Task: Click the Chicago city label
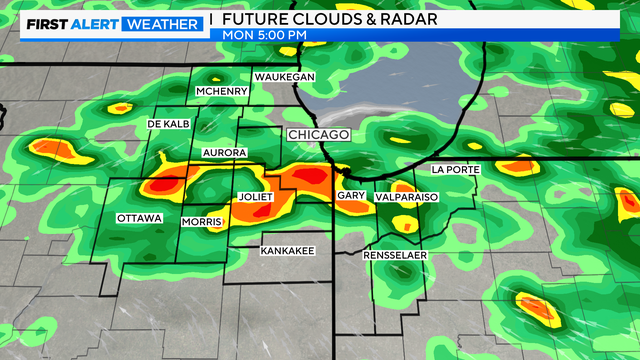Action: (318, 134)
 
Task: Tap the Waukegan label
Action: (284, 77)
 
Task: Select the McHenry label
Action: (221, 92)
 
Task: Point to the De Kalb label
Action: (167, 123)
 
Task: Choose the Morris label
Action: (202, 221)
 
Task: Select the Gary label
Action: (350, 197)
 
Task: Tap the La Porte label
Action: (454, 170)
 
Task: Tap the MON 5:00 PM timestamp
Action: (264, 36)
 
